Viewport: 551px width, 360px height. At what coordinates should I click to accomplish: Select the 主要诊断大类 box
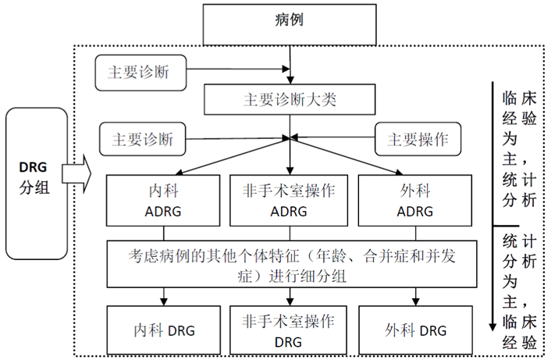[290, 100]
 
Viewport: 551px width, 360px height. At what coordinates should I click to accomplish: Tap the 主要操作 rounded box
[418, 139]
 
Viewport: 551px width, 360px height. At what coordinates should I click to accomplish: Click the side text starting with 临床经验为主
[519, 148]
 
